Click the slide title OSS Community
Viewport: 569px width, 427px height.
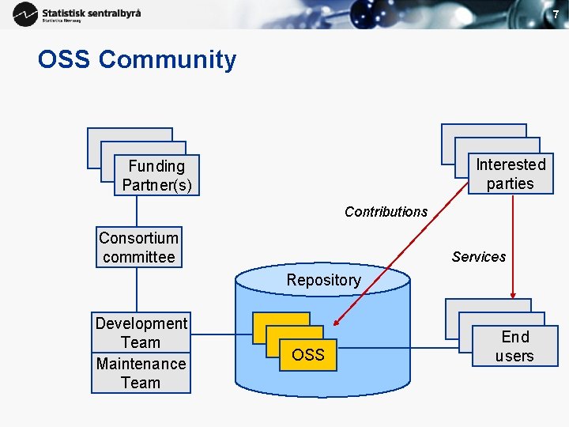coord(137,60)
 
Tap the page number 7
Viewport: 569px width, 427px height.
coord(555,14)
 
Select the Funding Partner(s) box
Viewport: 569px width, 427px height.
coord(156,176)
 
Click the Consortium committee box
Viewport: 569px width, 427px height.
coord(139,248)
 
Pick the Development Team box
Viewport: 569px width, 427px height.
coord(141,332)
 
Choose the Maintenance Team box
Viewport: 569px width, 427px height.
coord(141,373)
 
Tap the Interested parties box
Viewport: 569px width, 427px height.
coord(511,174)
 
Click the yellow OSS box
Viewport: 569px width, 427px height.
coord(308,354)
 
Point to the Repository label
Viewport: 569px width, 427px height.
coord(323,280)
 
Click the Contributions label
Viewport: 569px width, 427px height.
coord(386,212)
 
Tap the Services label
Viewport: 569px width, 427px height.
coord(479,257)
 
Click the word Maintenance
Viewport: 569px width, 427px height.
coord(141,364)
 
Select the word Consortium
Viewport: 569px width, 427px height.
coord(139,238)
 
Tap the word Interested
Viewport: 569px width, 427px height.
coord(511,164)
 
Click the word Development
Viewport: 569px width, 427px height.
coord(141,323)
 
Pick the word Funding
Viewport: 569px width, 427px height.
coord(156,166)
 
